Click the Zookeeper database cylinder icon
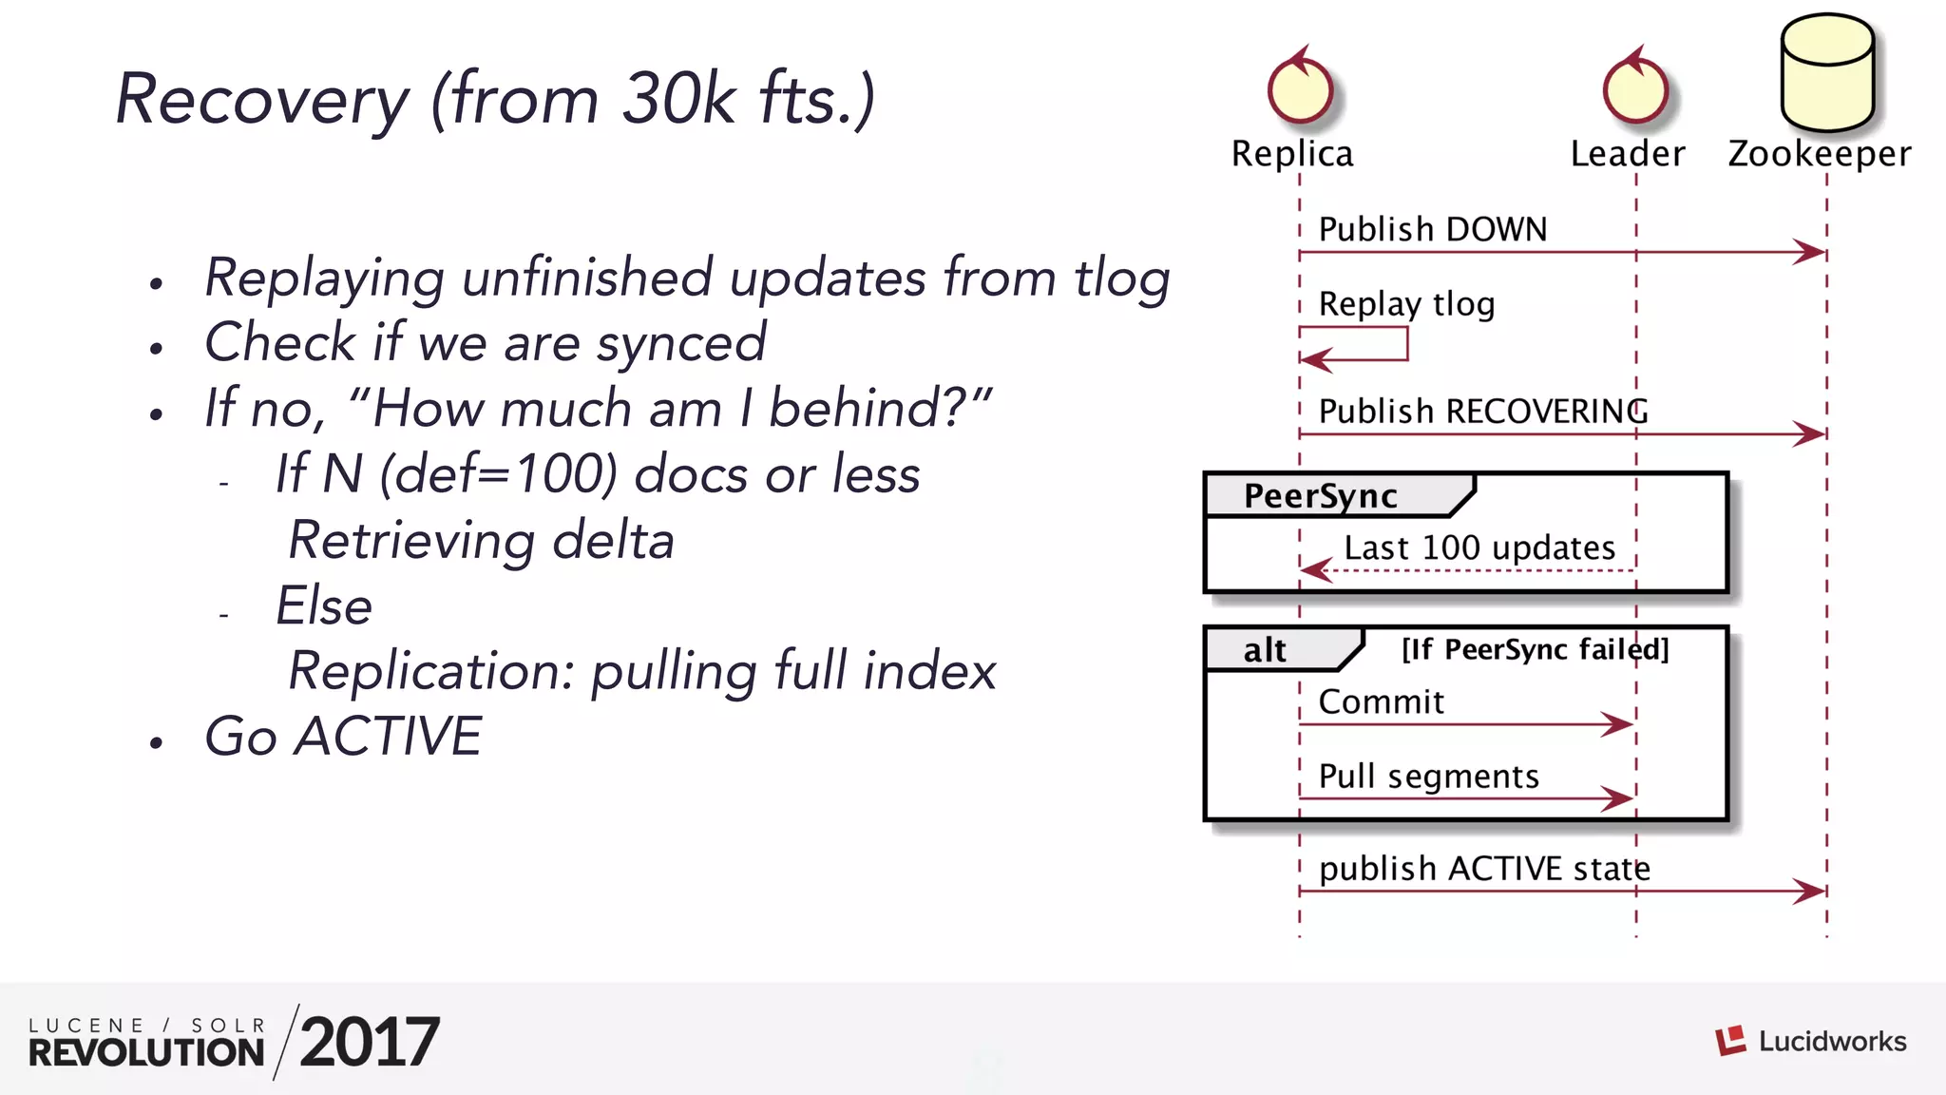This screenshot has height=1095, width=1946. tap(1826, 74)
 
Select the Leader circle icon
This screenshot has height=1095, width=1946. tap(1634, 90)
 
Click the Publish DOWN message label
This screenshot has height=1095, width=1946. tap(1432, 229)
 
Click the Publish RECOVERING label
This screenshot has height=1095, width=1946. tap(1482, 411)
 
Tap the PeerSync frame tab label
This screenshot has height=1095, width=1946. tap(1321, 496)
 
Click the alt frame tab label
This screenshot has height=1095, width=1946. tap(1265, 650)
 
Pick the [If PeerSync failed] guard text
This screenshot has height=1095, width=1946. tap(1535, 649)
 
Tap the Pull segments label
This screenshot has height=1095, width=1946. tap(1428, 777)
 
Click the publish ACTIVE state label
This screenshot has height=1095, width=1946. tap(1483, 868)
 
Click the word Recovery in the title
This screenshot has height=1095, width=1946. tap(261, 99)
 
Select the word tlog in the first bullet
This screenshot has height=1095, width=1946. tap(1121, 278)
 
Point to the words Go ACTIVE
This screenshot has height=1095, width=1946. tap(343, 736)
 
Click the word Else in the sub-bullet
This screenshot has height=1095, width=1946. tap(323, 605)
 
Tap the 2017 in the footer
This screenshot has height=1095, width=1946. tap(369, 1042)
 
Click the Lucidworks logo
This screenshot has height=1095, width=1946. tap(1810, 1041)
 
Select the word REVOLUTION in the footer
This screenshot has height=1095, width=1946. tap(146, 1052)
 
